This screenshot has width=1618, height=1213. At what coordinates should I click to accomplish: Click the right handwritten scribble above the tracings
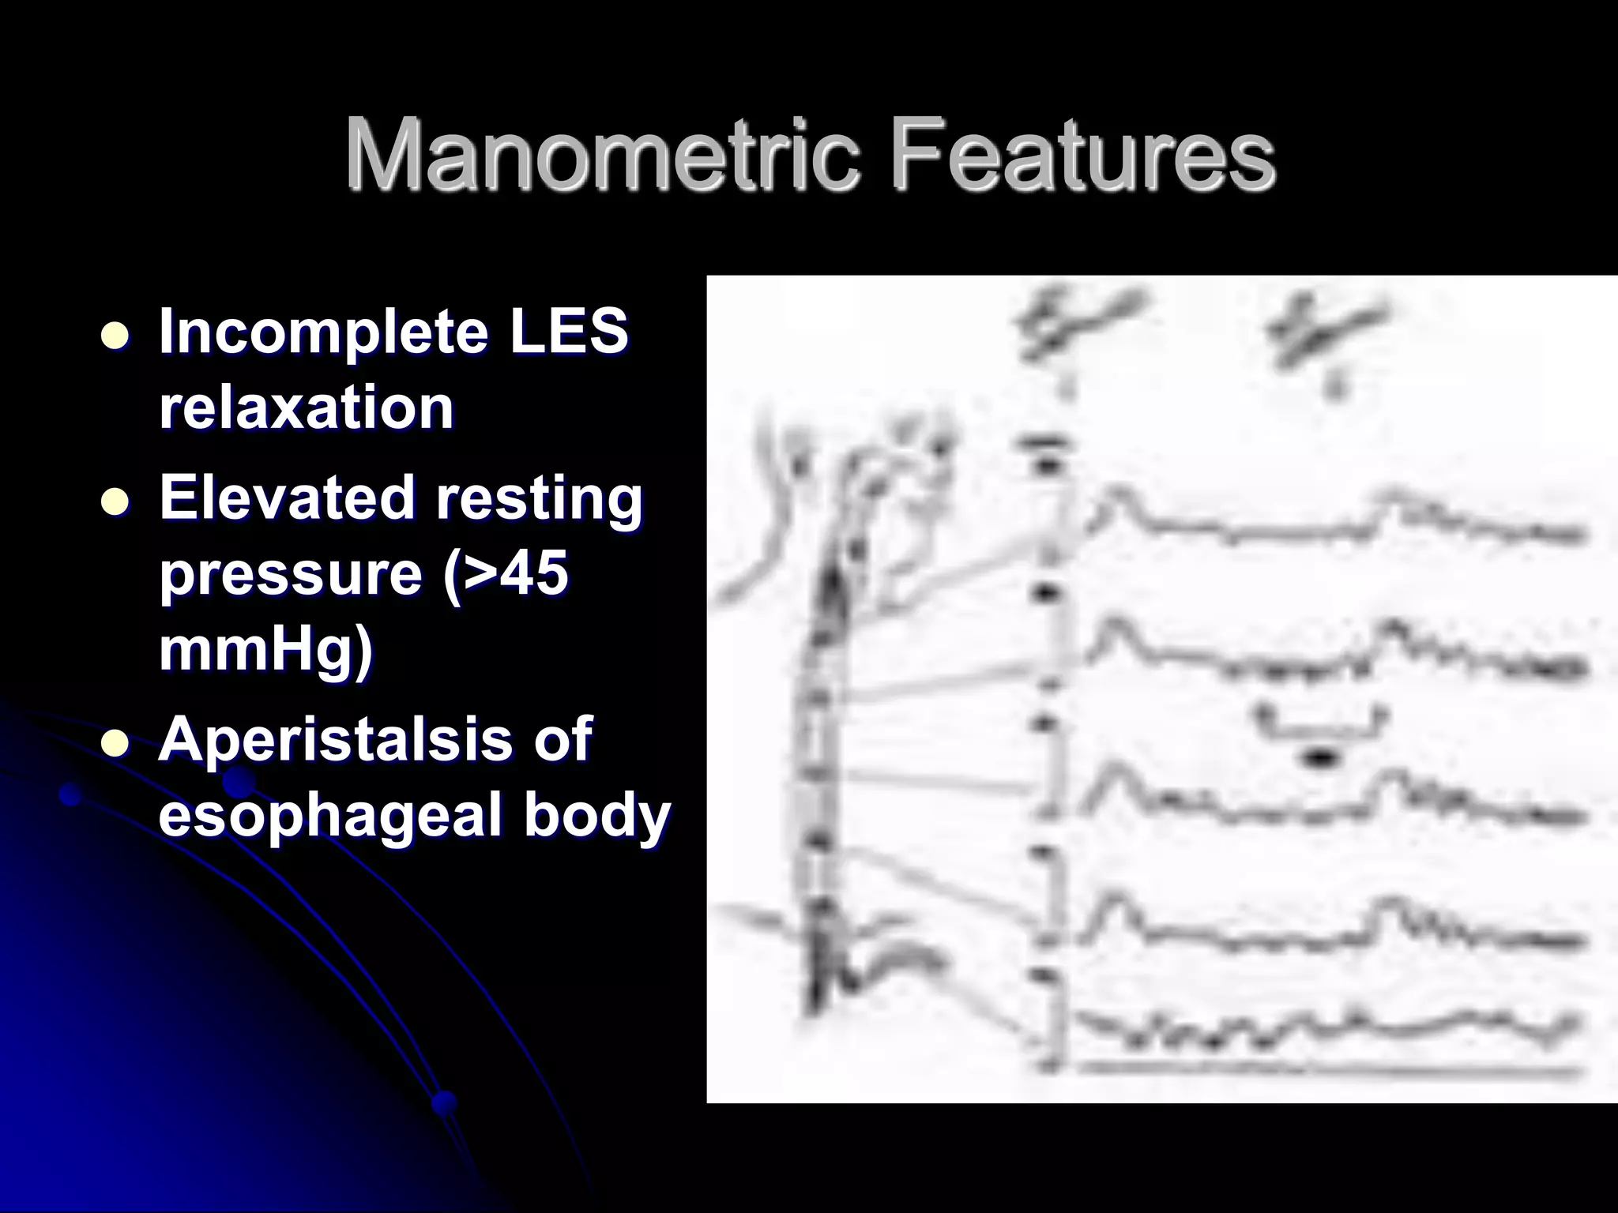point(1327,332)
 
